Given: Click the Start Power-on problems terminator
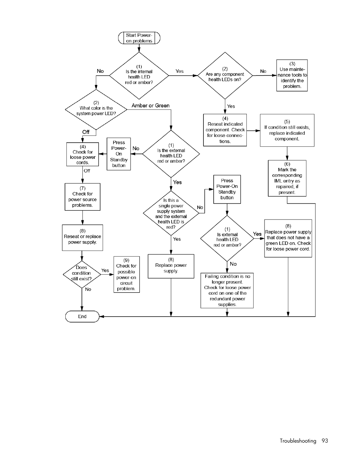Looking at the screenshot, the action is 139,38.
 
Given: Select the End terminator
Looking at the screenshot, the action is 82,316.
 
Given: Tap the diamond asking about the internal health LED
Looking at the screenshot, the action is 139,75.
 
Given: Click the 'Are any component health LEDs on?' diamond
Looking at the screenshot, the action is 225,75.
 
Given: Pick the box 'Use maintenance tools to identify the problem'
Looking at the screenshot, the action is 292,75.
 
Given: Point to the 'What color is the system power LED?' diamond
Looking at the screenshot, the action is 96,109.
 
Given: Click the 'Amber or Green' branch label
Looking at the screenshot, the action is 151,106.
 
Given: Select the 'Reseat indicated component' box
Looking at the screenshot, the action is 225,130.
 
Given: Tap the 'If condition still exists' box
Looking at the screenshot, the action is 287,130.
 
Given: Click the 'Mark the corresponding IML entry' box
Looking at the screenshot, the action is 287,178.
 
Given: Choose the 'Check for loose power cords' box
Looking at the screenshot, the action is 83,154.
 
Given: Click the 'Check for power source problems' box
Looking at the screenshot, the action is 83,197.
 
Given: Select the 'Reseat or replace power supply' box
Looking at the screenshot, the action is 83,238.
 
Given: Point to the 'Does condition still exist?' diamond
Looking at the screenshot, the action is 82,274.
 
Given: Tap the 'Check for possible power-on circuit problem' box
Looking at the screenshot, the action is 126,274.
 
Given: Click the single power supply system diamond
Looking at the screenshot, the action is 171,213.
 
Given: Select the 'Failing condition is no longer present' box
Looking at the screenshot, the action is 227,291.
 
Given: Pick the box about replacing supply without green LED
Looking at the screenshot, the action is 288,238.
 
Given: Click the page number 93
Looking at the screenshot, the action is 325,441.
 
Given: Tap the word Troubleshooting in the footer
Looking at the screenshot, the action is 298,441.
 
